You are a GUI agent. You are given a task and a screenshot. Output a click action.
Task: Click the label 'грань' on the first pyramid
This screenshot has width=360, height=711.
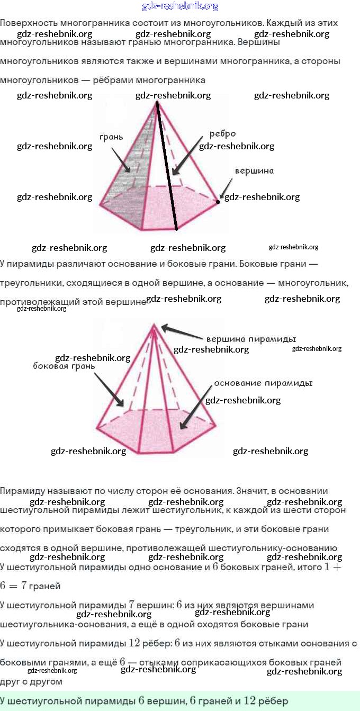[x=111, y=137]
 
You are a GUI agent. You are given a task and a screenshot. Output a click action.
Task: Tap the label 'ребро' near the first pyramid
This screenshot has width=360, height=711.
[x=222, y=134]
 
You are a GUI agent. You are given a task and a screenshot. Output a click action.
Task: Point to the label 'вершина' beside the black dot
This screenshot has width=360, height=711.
[x=254, y=171]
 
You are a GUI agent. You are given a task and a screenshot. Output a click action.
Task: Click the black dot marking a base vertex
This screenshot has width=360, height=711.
[x=218, y=201]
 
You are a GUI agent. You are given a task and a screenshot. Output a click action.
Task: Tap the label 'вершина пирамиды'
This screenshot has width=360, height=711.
[x=250, y=339]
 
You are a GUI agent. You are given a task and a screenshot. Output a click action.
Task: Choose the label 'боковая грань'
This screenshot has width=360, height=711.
[x=64, y=366]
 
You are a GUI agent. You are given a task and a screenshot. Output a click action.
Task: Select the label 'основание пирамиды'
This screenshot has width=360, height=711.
[x=263, y=383]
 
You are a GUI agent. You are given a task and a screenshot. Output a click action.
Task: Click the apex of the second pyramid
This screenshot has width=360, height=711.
[x=154, y=324]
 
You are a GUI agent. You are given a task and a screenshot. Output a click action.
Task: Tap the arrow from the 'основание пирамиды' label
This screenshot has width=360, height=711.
[x=196, y=408]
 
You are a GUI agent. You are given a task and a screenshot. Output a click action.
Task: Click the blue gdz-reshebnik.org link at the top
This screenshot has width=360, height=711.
[x=180, y=6]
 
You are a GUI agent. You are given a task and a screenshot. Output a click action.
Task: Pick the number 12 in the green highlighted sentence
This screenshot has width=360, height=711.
[x=249, y=701]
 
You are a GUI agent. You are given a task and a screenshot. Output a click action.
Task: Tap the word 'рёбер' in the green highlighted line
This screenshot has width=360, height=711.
[x=274, y=701]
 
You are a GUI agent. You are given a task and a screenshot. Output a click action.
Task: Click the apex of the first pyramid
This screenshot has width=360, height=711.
[x=157, y=102]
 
